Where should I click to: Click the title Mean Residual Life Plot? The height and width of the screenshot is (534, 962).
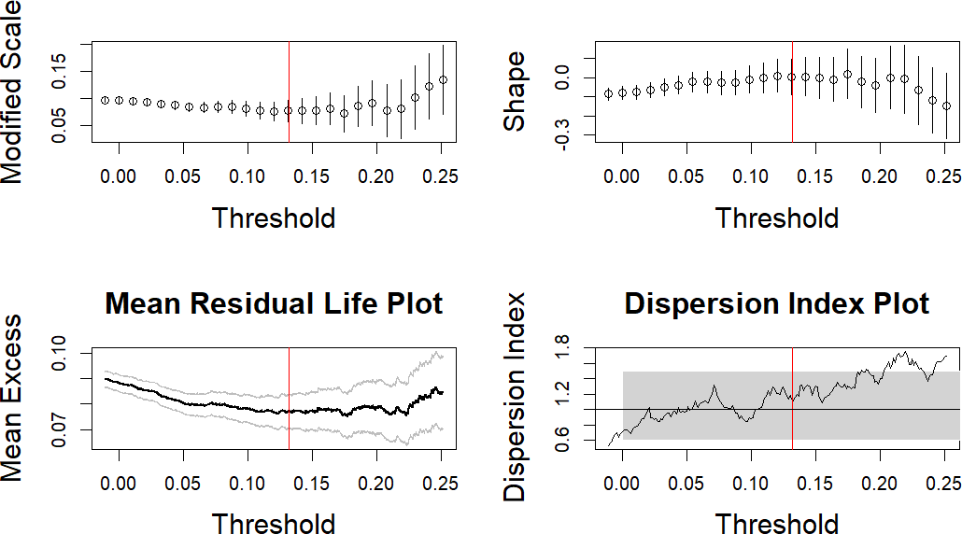274,303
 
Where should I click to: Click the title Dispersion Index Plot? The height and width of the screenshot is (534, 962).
777,303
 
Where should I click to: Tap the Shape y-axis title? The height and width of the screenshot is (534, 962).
516,91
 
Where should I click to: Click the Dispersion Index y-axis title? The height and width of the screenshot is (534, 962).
516,397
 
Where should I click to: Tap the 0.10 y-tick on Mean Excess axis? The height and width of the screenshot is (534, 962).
62,352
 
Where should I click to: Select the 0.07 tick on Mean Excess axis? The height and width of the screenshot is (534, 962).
62,429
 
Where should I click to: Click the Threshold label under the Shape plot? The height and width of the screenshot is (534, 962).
777,218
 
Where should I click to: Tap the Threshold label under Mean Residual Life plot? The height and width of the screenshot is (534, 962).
274,523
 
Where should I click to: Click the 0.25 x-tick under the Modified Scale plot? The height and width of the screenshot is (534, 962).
442,176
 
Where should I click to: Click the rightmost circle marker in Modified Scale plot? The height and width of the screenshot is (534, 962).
443,80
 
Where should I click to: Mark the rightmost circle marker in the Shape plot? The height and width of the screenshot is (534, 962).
946,106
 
